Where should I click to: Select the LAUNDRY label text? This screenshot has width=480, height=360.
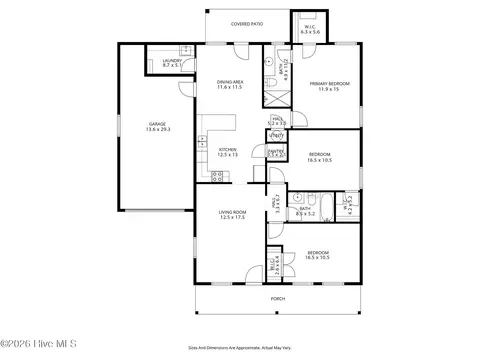171,61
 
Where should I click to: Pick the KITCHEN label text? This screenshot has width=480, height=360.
228,149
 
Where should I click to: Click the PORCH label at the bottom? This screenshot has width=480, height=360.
277,298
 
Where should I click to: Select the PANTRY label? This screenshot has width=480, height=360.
276,150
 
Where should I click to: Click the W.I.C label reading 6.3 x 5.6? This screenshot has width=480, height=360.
310,29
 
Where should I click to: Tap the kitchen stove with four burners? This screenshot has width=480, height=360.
220,177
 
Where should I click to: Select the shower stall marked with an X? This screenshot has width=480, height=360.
276,99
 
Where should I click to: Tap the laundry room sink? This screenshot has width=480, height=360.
184,49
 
